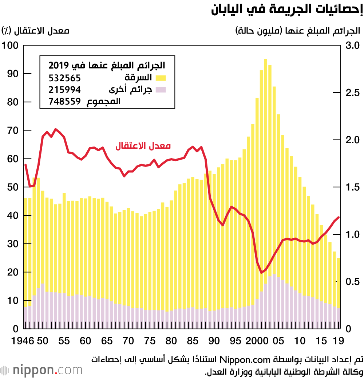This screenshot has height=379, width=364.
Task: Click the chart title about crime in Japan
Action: pyautogui.click(x=287, y=9)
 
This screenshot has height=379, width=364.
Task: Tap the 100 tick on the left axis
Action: pyautogui.click(x=10, y=46)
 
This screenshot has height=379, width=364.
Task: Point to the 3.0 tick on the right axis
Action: pyautogui.click(x=353, y=46)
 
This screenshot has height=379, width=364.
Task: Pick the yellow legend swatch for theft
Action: pyautogui.click(x=161, y=78)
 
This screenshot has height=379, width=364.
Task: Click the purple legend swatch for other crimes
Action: pyautogui.click(x=161, y=90)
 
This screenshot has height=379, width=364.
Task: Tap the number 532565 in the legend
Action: pyautogui.click(x=64, y=78)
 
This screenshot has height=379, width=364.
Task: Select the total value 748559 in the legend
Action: pyautogui.click(x=64, y=102)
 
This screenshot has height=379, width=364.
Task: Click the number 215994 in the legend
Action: pyautogui.click(x=64, y=90)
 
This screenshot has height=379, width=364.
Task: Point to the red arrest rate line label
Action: pyautogui.click(x=143, y=146)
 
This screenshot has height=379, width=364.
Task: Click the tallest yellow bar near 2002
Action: pyautogui.click(x=265, y=182)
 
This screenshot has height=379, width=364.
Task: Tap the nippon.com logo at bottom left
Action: pyautogui.click(x=42, y=370)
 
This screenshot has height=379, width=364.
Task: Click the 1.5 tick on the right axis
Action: pyautogui.click(x=353, y=187)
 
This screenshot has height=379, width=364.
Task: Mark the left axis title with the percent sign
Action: pyautogui.click(x=35, y=30)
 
